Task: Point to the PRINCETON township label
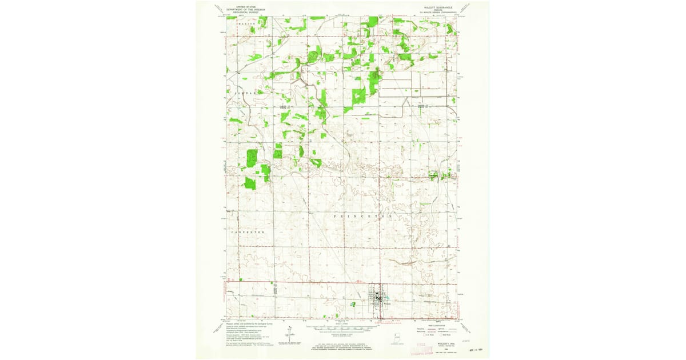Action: tap(362, 217)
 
